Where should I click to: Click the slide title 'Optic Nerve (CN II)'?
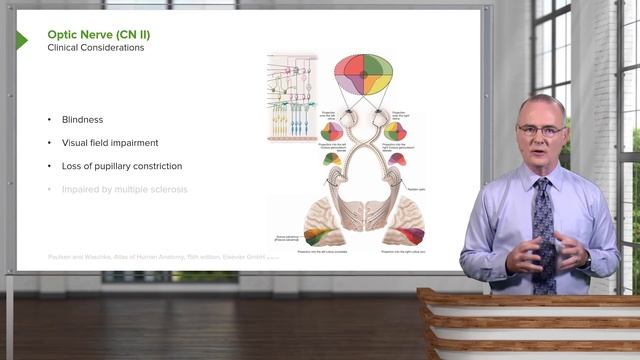point(99,34)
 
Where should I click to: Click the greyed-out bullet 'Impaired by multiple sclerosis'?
point(123,188)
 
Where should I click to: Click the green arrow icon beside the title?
point(22,41)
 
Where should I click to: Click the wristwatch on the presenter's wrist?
point(587,258)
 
